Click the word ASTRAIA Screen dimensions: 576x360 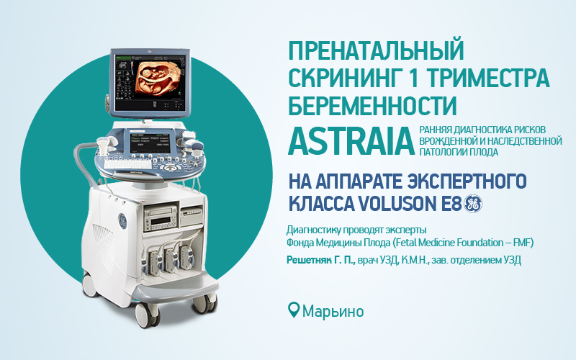tap(351, 141)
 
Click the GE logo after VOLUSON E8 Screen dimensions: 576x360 tap(473, 203)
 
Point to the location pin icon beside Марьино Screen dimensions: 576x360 tap(294, 310)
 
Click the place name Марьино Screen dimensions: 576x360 tap(333, 311)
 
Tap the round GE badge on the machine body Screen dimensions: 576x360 tap(122, 221)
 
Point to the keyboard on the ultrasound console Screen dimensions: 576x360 tap(127, 163)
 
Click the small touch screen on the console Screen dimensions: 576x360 tap(150, 142)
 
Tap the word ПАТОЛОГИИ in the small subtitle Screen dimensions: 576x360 tap(438, 152)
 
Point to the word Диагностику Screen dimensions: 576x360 tap(313, 230)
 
